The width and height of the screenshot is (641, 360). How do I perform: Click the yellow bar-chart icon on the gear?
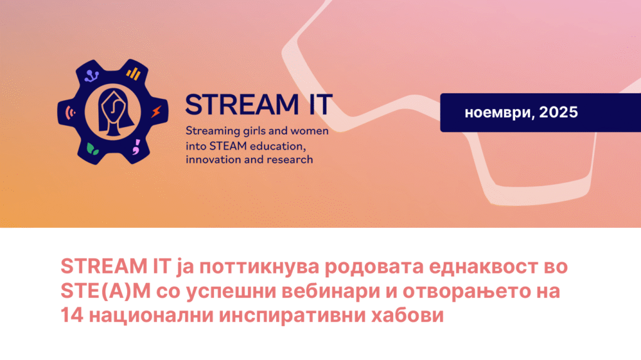[133, 74]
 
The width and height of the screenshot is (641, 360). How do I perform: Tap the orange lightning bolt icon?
[156, 111]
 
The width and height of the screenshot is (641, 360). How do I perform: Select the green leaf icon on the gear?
[93, 149]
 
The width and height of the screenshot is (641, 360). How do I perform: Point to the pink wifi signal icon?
[70, 112]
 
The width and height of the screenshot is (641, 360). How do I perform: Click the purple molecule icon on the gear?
[91, 76]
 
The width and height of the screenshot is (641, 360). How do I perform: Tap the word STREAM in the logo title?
[242, 105]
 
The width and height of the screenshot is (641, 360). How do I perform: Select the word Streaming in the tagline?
[213, 131]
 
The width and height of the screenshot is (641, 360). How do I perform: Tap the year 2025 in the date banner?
[558, 112]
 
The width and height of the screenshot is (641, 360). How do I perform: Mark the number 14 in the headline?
[72, 316]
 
